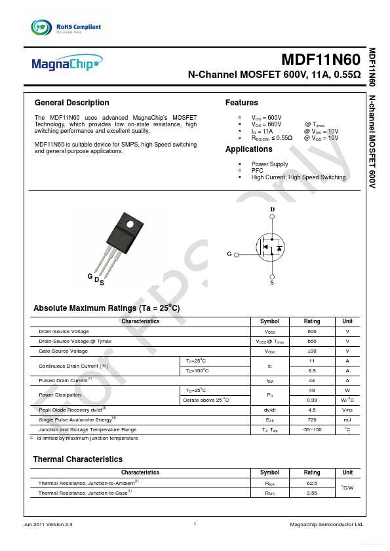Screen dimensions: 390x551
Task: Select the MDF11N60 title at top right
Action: tap(321, 61)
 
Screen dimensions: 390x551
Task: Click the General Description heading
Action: tap(71, 103)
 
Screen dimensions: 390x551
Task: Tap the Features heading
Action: tap(241, 103)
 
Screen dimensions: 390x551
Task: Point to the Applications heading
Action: tap(248, 150)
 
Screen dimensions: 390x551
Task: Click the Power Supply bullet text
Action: tap(269, 164)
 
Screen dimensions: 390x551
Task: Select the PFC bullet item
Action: tap(257, 171)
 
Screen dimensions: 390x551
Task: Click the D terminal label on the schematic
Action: tap(273, 209)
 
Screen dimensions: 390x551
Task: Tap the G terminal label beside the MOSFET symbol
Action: tap(229, 253)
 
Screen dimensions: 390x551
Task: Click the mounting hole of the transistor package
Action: tap(129, 226)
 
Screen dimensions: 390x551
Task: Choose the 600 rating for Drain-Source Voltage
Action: tap(312, 332)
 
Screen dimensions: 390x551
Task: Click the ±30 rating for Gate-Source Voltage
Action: tap(312, 351)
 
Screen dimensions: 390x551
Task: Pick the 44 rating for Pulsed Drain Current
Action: tap(312, 380)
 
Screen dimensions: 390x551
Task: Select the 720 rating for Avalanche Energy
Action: tap(312, 419)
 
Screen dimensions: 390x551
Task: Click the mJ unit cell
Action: tap(347, 419)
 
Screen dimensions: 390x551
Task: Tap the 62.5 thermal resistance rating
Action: tap(312, 482)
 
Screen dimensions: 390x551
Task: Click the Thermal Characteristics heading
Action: tap(77, 459)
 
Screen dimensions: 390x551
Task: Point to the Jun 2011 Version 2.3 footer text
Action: tap(48, 525)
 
